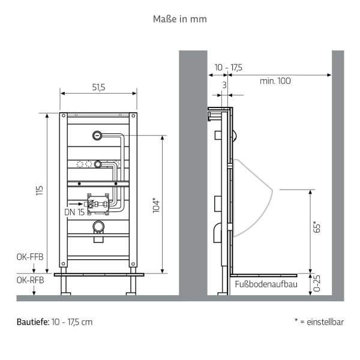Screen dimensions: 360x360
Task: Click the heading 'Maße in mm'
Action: [180, 19]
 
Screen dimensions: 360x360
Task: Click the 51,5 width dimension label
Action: [99, 87]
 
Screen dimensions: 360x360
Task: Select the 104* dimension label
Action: [156, 205]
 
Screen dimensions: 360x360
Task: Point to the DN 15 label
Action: [74, 211]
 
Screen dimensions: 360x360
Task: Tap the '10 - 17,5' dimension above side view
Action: [227, 67]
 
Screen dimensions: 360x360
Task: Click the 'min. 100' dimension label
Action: [275, 81]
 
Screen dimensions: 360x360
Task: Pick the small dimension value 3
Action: [224, 85]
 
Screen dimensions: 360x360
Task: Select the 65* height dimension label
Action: [317, 227]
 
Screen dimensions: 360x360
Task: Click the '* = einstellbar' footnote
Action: [319, 322]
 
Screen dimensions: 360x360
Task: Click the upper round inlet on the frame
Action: [97, 135]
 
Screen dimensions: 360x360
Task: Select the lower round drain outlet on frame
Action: [98, 227]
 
